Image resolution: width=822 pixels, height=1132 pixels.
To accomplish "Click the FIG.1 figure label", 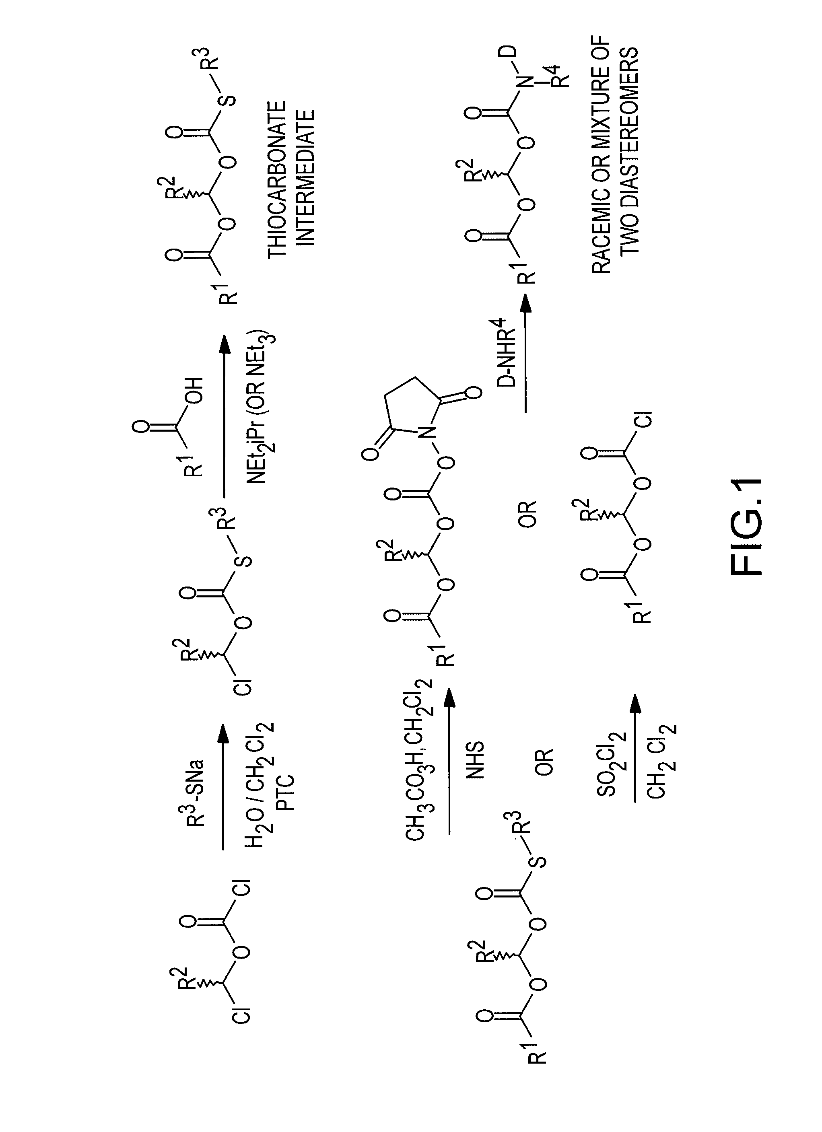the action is [746, 527].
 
